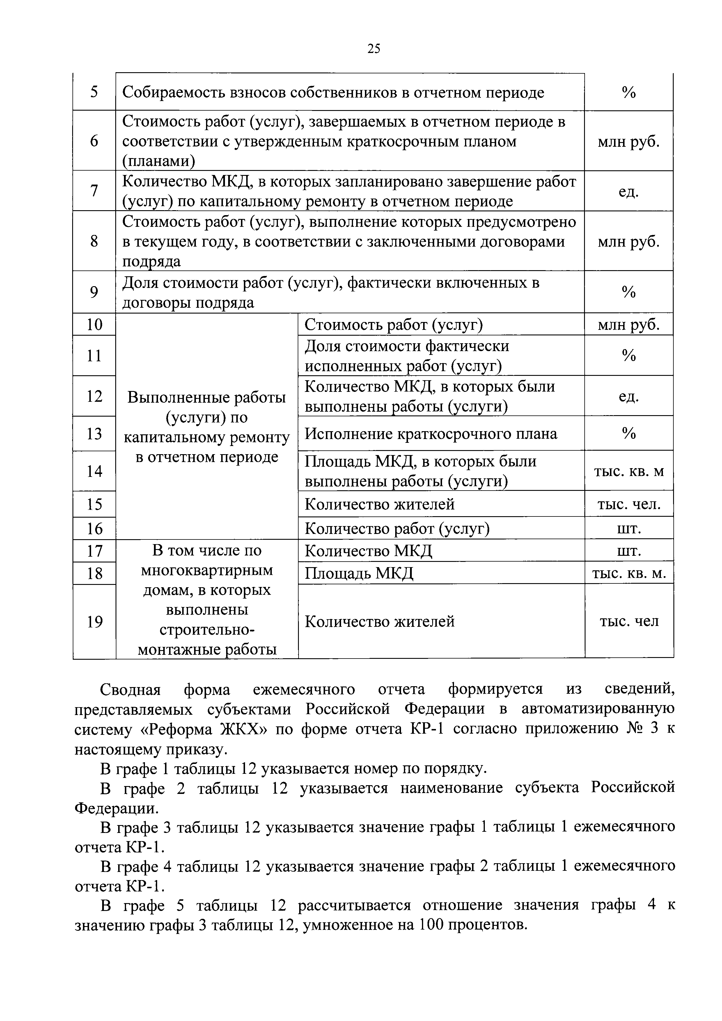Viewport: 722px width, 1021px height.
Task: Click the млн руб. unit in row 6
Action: [628, 142]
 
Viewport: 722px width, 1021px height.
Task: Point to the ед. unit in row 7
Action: [628, 192]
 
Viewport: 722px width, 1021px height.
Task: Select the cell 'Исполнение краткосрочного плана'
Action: [430, 433]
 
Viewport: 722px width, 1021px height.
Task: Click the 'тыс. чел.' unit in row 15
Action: [629, 504]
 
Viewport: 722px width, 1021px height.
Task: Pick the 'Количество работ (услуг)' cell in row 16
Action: [397, 529]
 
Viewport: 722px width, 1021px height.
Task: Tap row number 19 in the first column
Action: [95, 621]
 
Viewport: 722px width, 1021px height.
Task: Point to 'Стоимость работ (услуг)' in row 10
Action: [393, 325]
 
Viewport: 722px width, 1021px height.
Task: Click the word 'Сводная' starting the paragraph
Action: [130, 690]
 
